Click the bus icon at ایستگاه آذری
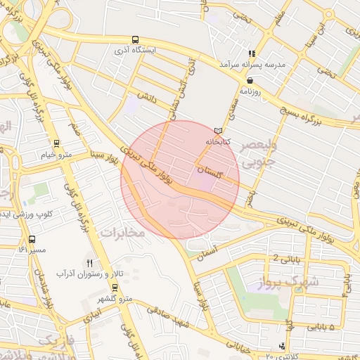pyautogui.click(x=135, y=40)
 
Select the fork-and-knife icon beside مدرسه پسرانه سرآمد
pyautogui.click(x=251, y=53)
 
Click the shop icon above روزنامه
pyautogui.click(x=250, y=80)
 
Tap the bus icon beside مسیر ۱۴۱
pyautogui.click(x=30, y=240)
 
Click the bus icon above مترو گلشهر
pyautogui.click(x=115, y=287)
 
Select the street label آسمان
pyautogui.click(x=208, y=252)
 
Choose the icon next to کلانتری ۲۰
pyautogui.click(x=282, y=345)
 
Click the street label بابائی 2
pyautogui.click(x=285, y=258)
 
